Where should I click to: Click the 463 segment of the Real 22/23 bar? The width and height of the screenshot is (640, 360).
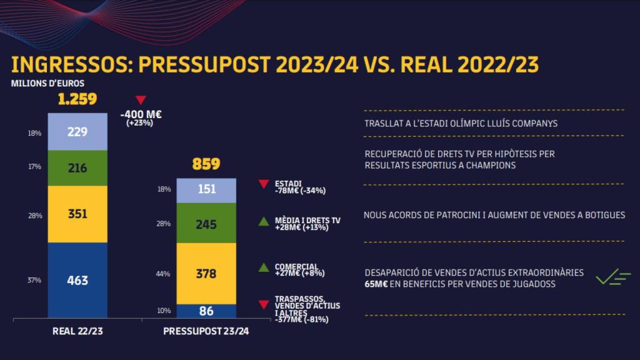pos(77,280)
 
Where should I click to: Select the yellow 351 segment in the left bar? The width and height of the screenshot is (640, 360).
pos(77,214)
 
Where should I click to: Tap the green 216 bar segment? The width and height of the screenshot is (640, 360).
pos(77,167)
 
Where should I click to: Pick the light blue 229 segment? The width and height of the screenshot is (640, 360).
pos(77,132)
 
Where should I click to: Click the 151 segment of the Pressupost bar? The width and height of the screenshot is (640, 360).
pos(206,190)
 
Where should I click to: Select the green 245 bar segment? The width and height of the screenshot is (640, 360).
pos(206,223)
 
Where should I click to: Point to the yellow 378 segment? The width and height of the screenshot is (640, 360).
pos(206,273)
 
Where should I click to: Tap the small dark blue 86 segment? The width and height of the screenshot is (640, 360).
pos(206,310)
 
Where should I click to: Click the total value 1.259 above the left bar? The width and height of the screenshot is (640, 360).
pos(76,99)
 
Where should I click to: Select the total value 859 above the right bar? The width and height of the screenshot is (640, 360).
pos(206,164)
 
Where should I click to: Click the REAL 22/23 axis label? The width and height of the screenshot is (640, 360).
pos(77,332)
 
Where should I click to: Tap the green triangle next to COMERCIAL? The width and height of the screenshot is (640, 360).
pos(264,267)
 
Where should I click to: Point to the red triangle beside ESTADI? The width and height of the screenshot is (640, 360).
pos(264,184)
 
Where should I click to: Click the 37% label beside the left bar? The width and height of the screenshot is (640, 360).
pos(34,280)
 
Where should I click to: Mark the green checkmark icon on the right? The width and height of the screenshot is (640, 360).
pos(612,278)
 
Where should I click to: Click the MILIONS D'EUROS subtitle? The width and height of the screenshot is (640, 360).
pos(47,82)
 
